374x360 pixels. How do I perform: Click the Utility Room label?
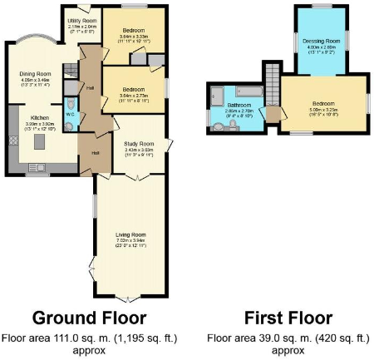click(82, 19)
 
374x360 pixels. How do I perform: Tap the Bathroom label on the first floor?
click(237, 106)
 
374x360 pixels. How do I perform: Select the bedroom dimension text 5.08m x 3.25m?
click(322, 109)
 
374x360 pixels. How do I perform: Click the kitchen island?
click(37, 146)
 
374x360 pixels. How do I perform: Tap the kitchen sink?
click(12, 137)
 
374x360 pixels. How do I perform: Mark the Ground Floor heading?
click(90, 318)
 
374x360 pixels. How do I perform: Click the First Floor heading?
click(288, 318)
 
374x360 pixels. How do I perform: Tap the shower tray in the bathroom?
click(215, 92)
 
